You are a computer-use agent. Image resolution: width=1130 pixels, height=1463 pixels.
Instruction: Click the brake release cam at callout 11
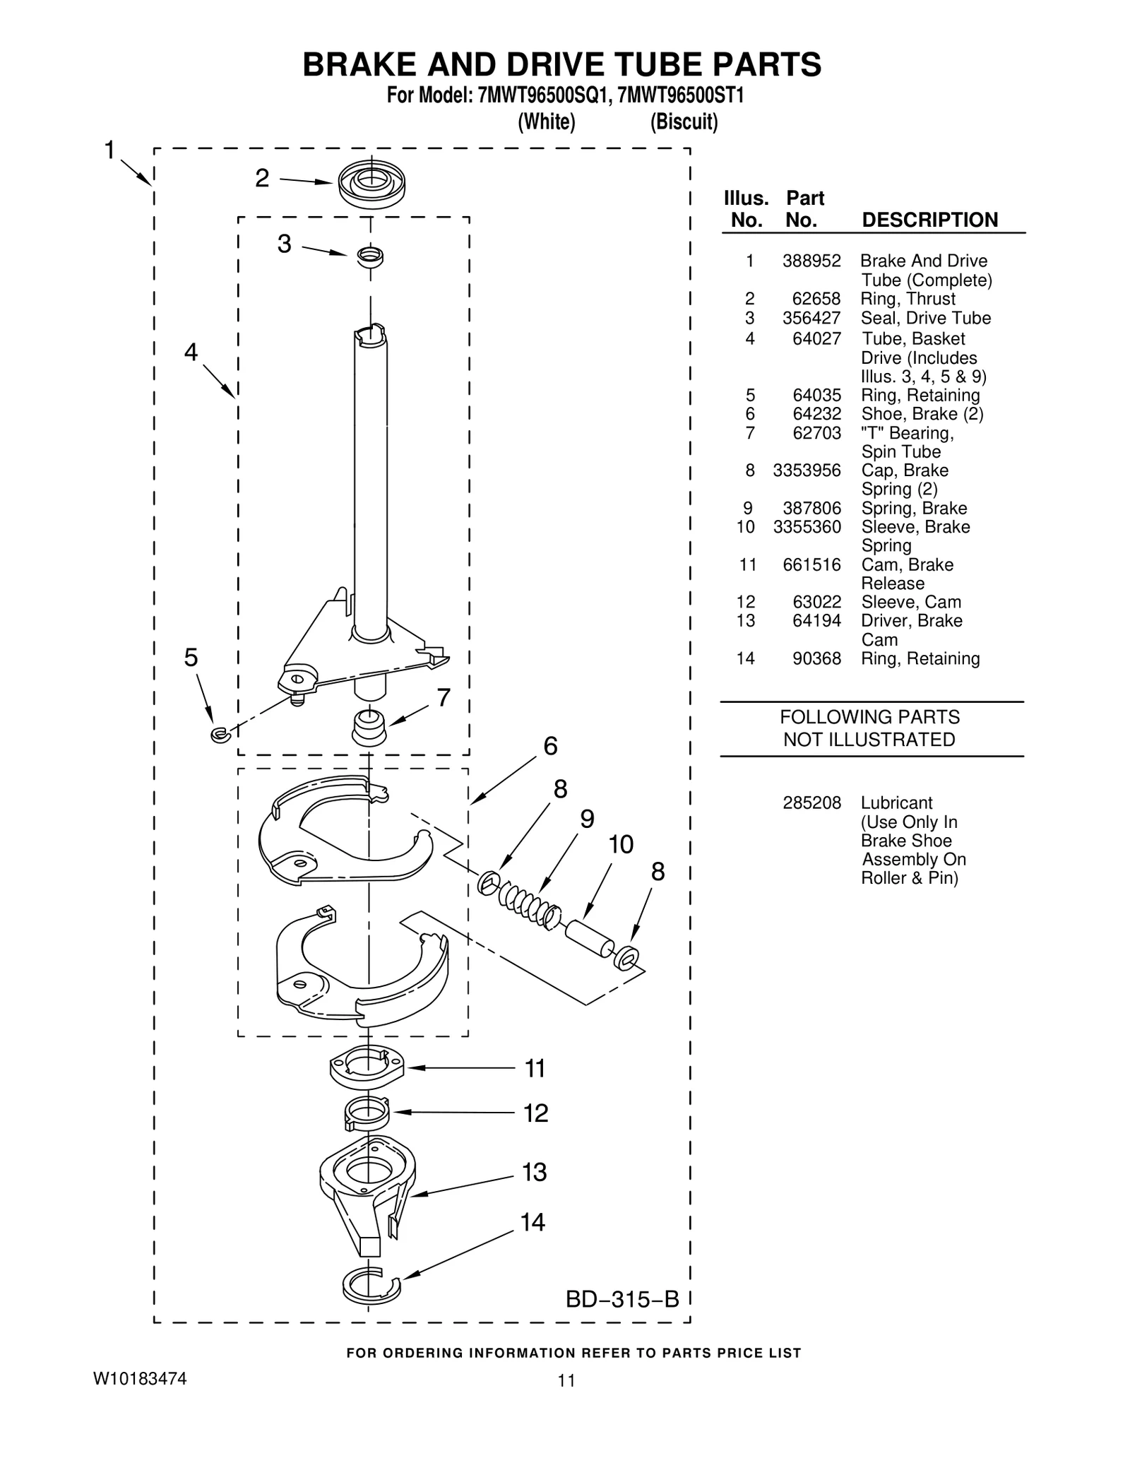pos(367,1067)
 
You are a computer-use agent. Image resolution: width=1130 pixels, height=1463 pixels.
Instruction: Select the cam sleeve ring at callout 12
pos(367,1114)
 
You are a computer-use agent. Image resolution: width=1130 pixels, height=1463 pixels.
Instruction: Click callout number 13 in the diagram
pos(535,1173)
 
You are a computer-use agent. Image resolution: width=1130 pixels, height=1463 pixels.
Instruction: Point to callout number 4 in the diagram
pos(191,352)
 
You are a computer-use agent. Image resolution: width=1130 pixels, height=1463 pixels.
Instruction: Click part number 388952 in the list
pos(811,261)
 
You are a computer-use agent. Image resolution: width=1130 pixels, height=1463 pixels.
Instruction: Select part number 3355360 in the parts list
pos(807,527)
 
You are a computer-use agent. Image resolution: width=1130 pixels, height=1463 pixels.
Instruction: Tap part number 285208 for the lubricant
pos(811,803)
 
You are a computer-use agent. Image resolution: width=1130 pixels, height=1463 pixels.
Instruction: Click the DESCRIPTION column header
pos(929,220)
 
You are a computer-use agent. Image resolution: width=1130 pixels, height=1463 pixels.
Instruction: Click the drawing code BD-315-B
pos(621,1299)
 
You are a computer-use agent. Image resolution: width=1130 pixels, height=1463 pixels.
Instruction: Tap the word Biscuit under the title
pos(684,122)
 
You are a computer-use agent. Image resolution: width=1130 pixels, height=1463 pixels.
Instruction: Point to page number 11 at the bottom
pos(566,1380)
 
